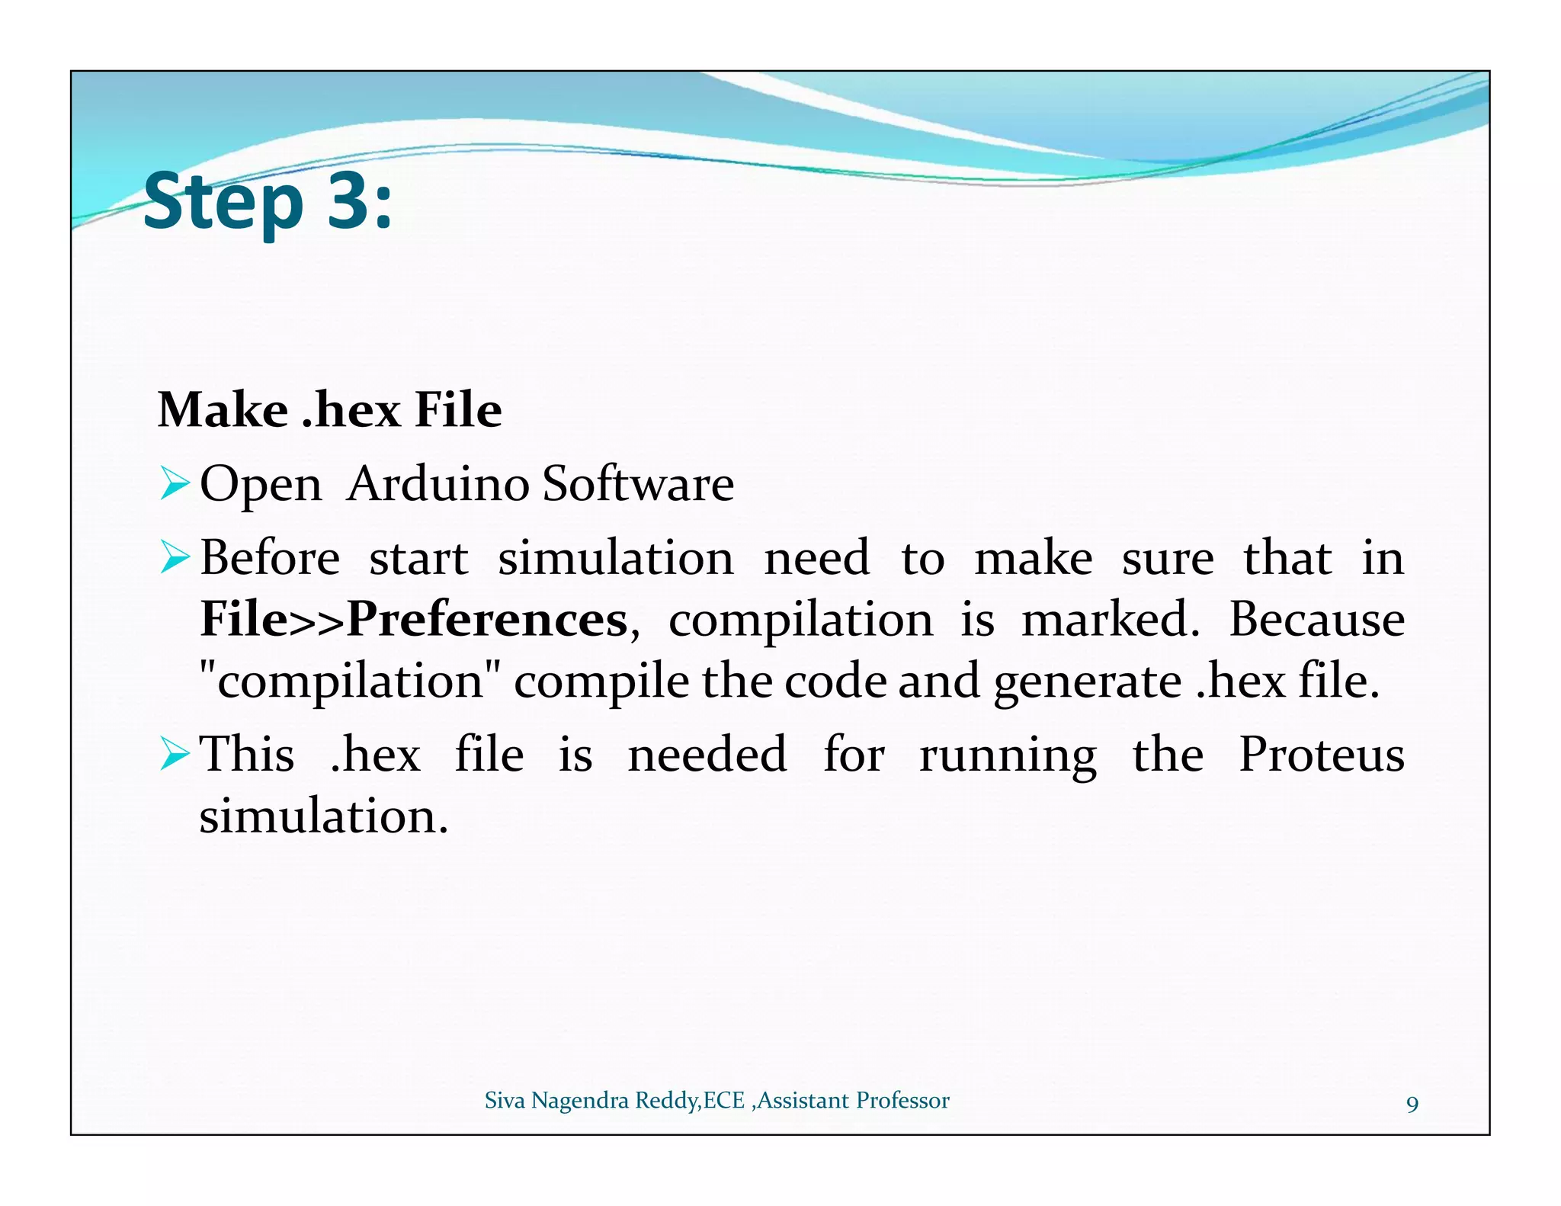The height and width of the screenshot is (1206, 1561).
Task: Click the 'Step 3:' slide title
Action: click(x=267, y=201)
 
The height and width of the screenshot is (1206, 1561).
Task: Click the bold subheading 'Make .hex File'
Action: click(x=329, y=410)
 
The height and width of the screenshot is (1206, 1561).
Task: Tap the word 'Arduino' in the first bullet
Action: click(x=438, y=483)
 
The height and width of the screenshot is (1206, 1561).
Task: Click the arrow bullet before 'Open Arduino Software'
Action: click(x=175, y=484)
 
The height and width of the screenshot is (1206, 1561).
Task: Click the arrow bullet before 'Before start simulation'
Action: click(x=175, y=558)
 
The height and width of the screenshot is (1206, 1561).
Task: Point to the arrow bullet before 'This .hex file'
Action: click(x=175, y=755)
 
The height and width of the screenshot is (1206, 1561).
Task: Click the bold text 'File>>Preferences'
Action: click(x=414, y=619)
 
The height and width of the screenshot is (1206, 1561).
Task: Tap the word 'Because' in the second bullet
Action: click(x=1316, y=619)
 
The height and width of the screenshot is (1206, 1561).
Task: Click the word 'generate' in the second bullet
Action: click(x=1087, y=682)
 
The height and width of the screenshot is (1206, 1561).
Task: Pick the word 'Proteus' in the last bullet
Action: click(x=1321, y=755)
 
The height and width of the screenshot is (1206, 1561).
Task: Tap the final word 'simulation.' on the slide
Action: click(x=323, y=816)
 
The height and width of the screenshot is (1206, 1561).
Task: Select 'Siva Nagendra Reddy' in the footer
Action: click(x=591, y=1101)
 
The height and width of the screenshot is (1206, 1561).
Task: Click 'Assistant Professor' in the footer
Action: click(x=853, y=1101)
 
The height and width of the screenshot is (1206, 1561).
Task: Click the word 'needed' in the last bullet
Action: click(x=707, y=755)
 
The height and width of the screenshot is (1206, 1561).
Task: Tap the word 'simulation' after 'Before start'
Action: click(x=615, y=558)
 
